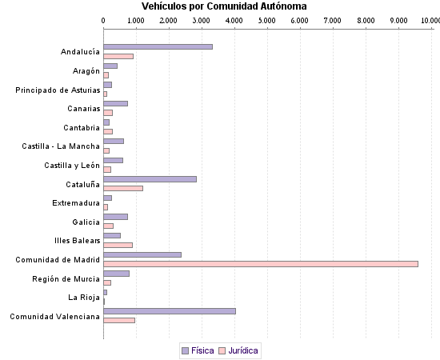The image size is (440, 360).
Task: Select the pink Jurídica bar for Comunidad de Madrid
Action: (x=261, y=264)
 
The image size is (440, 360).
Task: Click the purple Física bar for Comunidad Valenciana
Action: (x=170, y=311)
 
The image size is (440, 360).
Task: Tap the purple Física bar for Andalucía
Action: (x=158, y=47)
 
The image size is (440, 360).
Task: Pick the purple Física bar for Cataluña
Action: (x=150, y=179)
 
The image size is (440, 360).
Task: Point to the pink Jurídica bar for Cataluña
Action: (x=123, y=188)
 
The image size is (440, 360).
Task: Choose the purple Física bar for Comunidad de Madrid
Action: (x=142, y=254)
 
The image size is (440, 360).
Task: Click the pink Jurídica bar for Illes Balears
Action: (x=118, y=245)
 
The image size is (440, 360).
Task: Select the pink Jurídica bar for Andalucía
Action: (x=118, y=56)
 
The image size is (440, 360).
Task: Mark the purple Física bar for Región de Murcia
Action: (x=117, y=274)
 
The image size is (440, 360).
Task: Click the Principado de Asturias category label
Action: (x=58, y=90)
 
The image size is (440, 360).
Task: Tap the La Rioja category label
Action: (x=84, y=298)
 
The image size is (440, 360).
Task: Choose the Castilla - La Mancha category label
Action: (x=61, y=146)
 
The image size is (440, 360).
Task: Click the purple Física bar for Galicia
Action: (x=116, y=217)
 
